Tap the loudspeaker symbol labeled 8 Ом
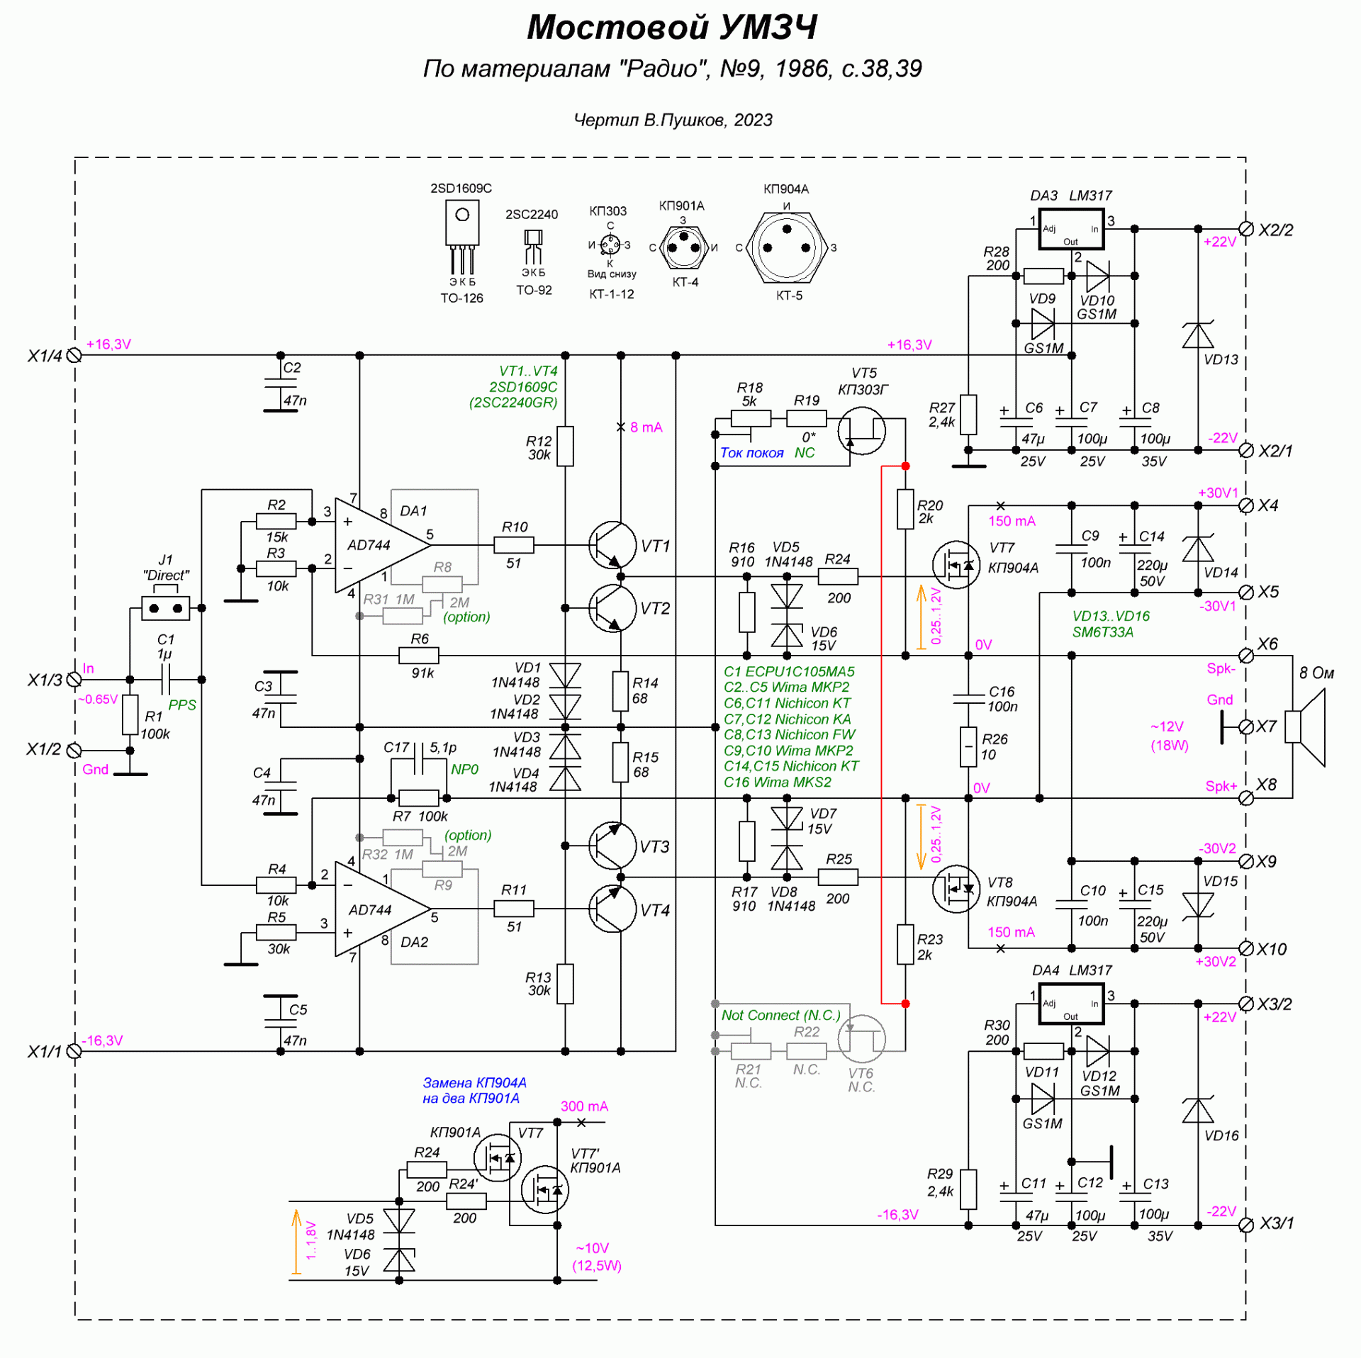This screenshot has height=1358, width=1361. tap(1306, 727)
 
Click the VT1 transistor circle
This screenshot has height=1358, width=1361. tap(612, 545)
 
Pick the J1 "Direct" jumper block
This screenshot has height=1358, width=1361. tap(166, 608)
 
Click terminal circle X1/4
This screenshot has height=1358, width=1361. tap(74, 355)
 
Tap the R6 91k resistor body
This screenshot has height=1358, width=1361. tap(419, 656)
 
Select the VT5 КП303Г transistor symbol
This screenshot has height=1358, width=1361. tap(861, 430)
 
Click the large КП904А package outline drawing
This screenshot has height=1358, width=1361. tap(787, 248)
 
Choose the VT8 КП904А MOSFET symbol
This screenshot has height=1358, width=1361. tap(956, 889)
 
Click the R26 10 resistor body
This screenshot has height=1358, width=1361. tap(968, 746)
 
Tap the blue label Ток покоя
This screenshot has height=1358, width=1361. tap(751, 453)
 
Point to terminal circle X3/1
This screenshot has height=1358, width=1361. tap(1245, 1225)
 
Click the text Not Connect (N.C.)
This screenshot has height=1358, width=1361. tap(780, 1015)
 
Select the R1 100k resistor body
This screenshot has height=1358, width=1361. tap(130, 714)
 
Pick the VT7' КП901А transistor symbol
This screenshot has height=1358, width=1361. tap(544, 1191)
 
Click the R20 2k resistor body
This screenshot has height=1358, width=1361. tap(905, 509)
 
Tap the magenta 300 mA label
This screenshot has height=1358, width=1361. tap(584, 1106)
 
